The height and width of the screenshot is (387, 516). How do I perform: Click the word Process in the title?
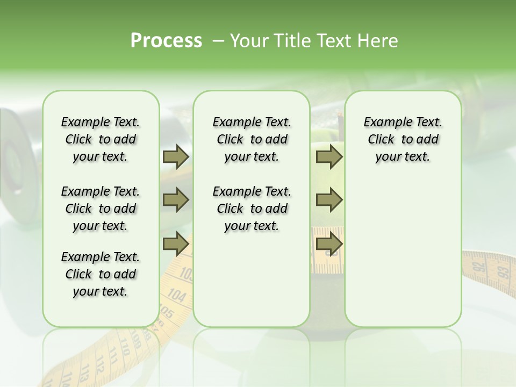166,40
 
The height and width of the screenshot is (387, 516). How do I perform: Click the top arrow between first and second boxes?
176,157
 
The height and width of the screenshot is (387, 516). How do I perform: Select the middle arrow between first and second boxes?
176,200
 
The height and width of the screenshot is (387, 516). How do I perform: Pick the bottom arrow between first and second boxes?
176,244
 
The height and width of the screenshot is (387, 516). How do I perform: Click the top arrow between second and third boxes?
329,157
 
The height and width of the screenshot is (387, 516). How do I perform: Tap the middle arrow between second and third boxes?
329,200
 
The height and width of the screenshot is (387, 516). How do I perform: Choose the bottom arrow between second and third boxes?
329,244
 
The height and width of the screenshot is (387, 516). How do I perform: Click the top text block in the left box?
101,139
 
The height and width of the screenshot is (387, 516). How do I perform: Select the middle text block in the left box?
101,209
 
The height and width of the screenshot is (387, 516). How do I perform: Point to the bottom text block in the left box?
101,274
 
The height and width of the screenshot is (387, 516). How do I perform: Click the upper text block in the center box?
252,139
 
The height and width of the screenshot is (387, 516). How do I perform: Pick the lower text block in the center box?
252,209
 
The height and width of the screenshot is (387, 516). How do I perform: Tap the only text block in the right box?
403,139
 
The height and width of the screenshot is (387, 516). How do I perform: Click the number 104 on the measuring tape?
176,295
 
